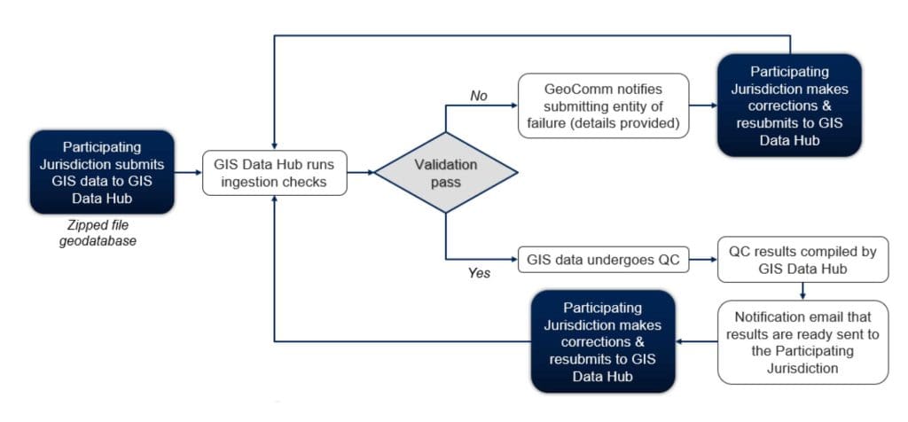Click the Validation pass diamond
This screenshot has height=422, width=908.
(x=445, y=172)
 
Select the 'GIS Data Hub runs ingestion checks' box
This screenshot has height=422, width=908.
(x=275, y=172)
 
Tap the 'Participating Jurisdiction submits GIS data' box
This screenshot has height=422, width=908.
(x=103, y=172)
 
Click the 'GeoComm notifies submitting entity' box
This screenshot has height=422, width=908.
(x=603, y=105)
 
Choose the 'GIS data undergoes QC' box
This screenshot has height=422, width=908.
(x=603, y=261)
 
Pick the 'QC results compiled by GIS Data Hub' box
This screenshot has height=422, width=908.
(x=802, y=260)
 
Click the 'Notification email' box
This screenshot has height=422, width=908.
(x=802, y=341)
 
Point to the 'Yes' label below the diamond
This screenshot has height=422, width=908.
(x=479, y=273)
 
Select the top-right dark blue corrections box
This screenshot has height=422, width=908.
(x=789, y=105)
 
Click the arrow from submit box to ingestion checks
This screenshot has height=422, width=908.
(x=187, y=172)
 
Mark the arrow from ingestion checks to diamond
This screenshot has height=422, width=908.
(x=359, y=172)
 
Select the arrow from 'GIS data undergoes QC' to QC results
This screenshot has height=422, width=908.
(x=702, y=261)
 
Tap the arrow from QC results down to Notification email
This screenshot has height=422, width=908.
(x=802, y=292)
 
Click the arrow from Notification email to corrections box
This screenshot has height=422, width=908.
(x=696, y=341)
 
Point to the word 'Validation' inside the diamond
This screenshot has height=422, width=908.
(x=445, y=164)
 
